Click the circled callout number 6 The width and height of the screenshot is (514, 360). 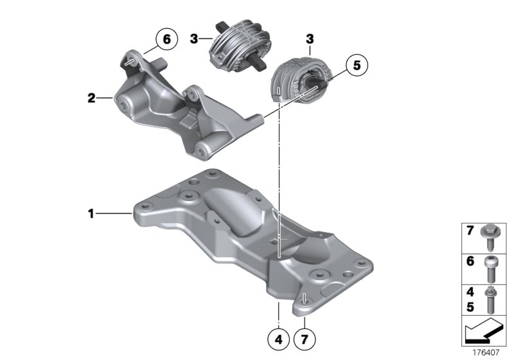pyautogui.click(x=166, y=40)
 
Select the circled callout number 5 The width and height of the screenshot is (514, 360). pyautogui.click(x=357, y=66)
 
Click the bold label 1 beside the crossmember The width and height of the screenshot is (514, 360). pyautogui.click(x=91, y=212)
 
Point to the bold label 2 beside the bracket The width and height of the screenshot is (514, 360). pyautogui.click(x=91, y=98)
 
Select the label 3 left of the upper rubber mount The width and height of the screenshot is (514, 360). pyautogui.click(x=193, y=40)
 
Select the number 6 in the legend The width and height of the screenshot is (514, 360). pyautogui.click(x=470, y=262)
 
